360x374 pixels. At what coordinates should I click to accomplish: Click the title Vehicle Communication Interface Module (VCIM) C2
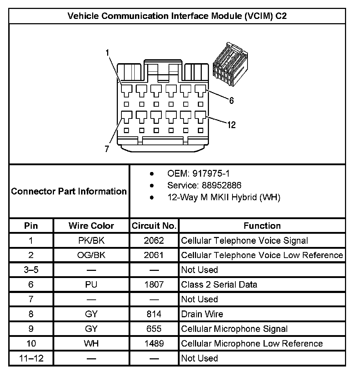point(177,16)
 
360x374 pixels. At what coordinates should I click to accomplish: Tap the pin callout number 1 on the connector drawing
point(107,53)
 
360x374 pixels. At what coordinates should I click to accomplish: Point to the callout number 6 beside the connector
point(231,101)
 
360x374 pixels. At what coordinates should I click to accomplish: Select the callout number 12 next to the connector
point(231,125)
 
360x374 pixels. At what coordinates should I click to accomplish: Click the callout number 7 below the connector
point(107,149)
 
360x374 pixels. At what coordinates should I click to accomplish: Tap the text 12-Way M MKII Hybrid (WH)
point(224,197)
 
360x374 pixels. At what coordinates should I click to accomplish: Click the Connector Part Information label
point(69,191)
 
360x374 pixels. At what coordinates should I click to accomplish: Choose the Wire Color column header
point(91,226)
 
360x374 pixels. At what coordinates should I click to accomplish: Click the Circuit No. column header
point(154,226)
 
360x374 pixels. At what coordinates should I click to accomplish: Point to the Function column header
point(262,226)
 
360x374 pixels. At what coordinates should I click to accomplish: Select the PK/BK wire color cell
point(91,241)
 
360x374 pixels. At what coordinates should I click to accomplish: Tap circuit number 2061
point(154,255)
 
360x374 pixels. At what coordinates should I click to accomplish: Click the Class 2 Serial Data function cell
point(219,284)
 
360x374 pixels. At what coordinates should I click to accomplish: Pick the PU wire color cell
point(91,284)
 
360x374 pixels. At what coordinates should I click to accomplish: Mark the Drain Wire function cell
point(202,314)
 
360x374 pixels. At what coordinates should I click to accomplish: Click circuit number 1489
point(154,343)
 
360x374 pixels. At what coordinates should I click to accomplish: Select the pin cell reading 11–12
point(31,358)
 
